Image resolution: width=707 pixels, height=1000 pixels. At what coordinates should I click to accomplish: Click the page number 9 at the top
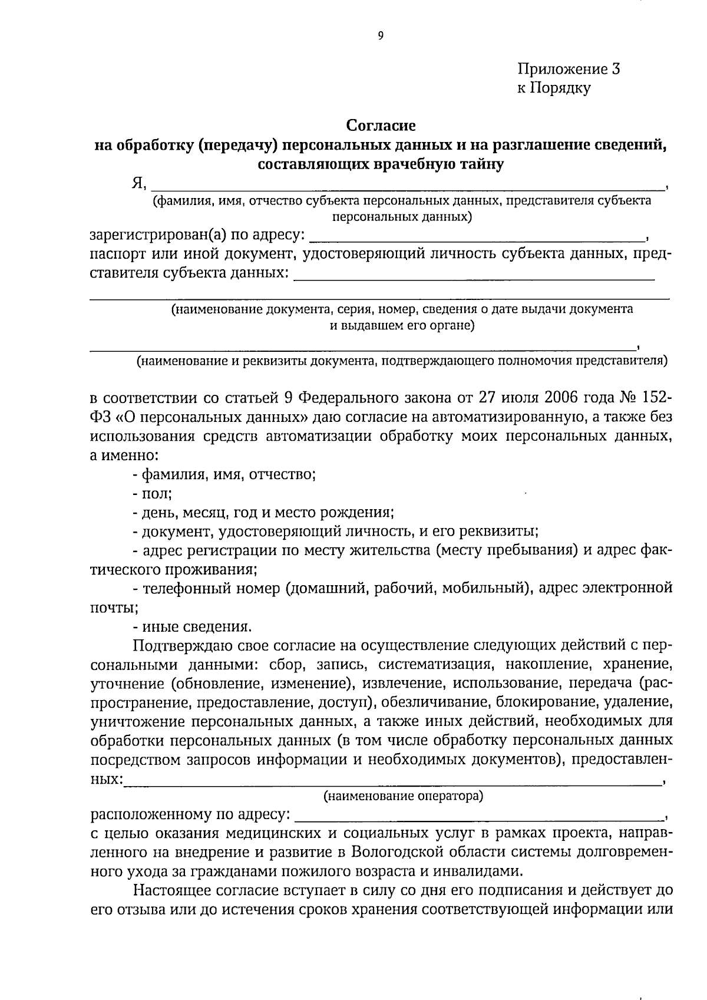[380, 37]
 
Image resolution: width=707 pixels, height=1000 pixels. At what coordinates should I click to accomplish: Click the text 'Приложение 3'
[569, 69]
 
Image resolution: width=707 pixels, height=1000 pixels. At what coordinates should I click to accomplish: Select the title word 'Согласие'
[381, 126]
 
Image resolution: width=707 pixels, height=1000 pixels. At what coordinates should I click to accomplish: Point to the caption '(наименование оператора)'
[403, 797]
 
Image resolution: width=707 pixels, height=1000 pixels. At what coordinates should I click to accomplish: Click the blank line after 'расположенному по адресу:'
[477, 816]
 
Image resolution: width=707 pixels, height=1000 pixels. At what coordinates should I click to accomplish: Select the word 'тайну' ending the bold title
[481, 164]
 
